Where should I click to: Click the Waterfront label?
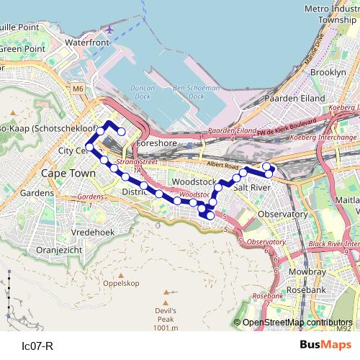[x=86, y=43]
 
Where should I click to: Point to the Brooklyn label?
[x=328, y=73]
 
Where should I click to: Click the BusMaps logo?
[x=325, y=345]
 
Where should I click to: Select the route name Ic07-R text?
[x=38, y=346]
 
